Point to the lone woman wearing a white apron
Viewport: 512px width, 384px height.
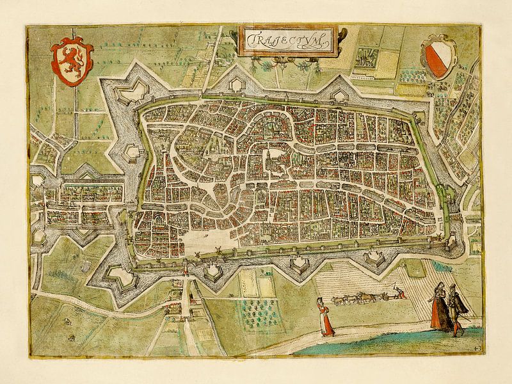tap(326, 317)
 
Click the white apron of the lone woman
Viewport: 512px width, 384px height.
tap(326, 320)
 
